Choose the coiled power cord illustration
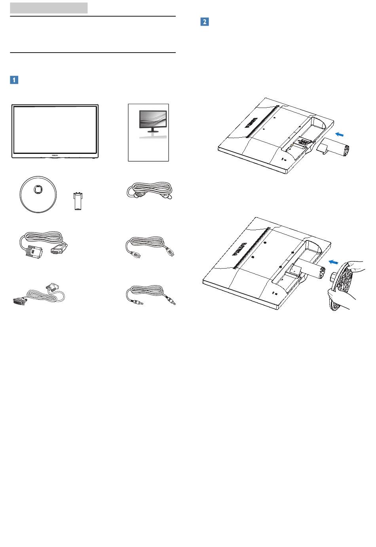[x=150, y=190]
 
